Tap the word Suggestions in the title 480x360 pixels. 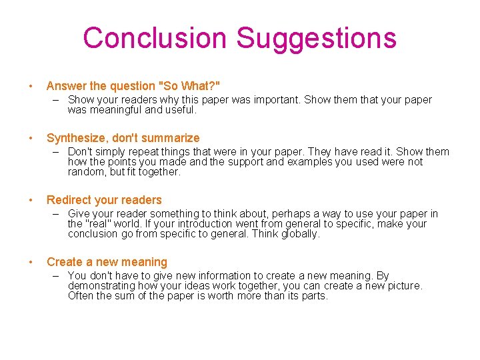(x=317, y=38)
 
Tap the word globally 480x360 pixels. (x=299, y=234)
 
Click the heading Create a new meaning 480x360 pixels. (x=107, y=262)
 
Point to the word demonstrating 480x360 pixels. (x=99, y=286)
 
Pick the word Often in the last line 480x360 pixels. (x=81, y=296)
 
